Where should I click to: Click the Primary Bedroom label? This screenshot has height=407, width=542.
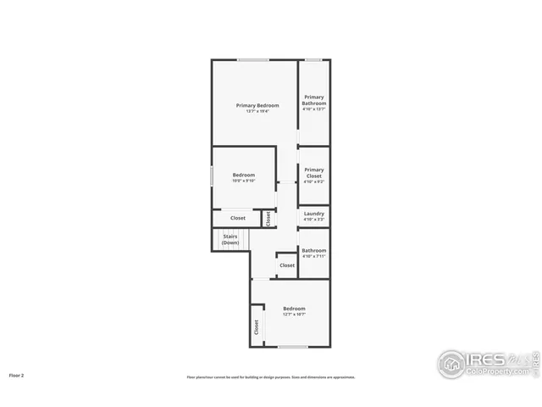[x=257, y=105]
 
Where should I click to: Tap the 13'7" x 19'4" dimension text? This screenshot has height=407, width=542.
[x=257, y=111]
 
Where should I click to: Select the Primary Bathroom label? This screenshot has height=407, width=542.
[x=314, y=100]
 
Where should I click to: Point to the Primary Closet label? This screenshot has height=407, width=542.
[x=314, y=173]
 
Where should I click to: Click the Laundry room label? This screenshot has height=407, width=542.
[x=314, y=214]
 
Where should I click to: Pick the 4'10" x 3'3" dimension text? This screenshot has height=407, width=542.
[x=314, y=220]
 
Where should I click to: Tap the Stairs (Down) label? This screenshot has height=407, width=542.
[x=230, y=239]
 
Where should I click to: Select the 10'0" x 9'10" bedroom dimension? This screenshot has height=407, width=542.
[x=244, y=181]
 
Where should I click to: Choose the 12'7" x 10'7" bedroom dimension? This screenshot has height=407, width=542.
[x=294, y=315]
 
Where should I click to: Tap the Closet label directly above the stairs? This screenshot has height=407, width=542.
[x=238, y=218]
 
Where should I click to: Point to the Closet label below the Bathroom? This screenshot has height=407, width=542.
[x=287, y=265]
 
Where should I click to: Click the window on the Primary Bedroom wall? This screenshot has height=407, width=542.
[x=253, y=59]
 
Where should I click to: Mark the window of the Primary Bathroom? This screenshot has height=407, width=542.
[x=313, y=59]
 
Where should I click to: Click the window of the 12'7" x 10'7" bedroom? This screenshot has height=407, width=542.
[x=293, y=347]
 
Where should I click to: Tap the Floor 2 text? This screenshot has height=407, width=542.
[x=17, y=375]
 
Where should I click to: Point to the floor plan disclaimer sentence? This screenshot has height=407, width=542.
[x=271, y=377]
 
